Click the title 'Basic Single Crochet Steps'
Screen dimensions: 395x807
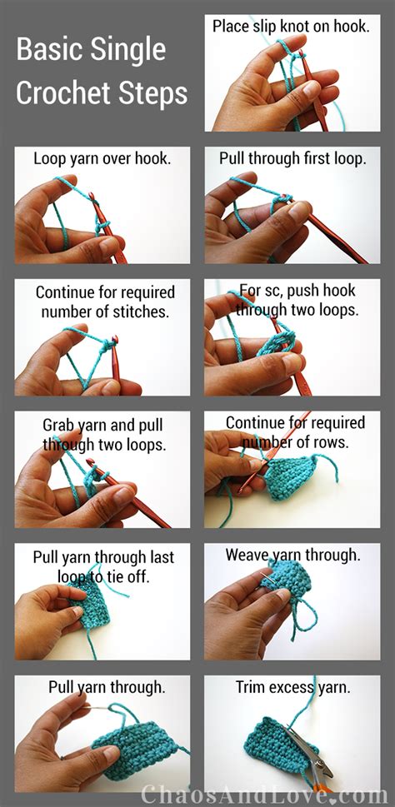click(x=102, y=72)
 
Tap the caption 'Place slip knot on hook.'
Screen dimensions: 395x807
click(x=291, y=27)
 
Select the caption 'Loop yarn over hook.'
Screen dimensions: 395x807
click(x=102, y=158)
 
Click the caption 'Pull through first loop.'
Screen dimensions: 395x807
click(x=292, y=158)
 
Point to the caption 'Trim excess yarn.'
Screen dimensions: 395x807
click(x=293, y=687)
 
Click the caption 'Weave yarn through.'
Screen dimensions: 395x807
click(x=293, y=555)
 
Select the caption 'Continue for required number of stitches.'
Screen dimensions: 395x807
click(x=105, y=301)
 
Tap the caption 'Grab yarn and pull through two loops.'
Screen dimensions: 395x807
click(x=103, y=434)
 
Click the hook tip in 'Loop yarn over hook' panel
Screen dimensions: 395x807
click(x=92, y=196)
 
